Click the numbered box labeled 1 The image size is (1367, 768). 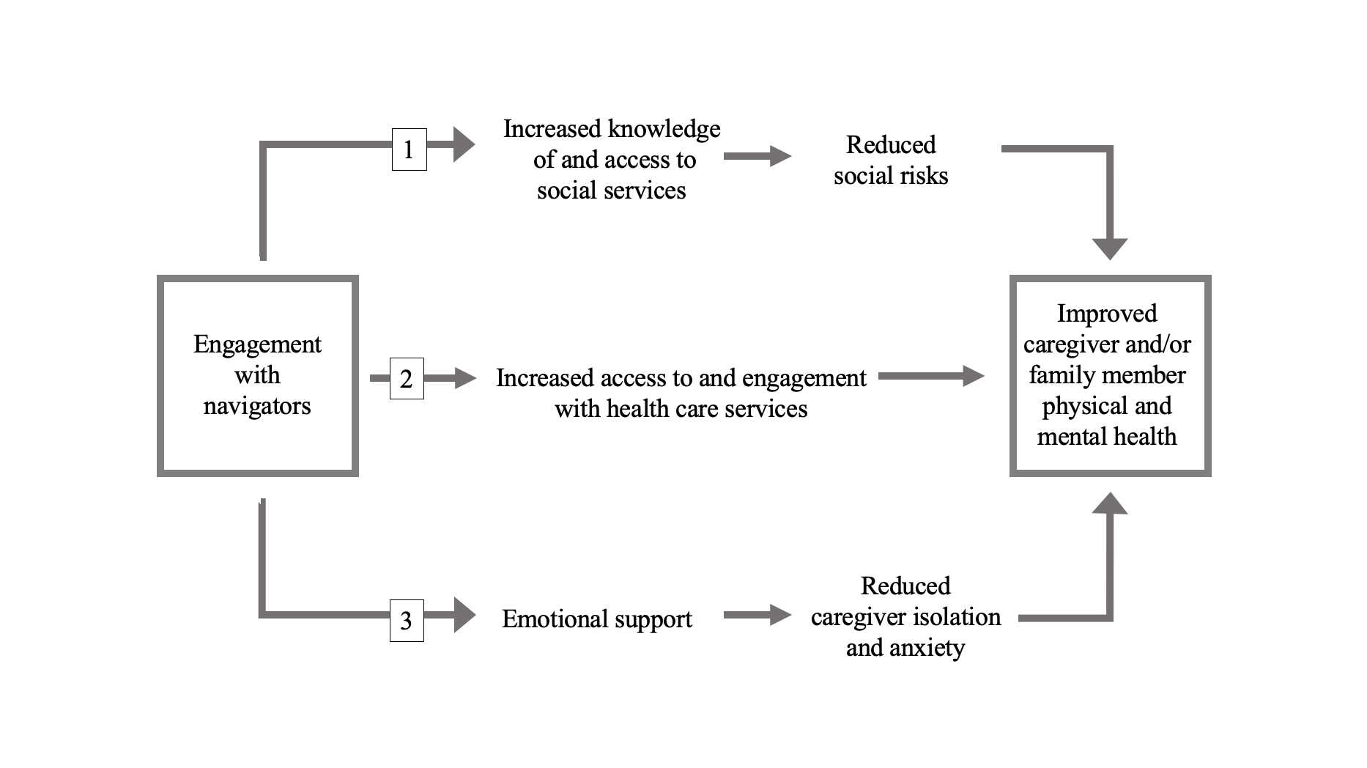[x=410, y=149]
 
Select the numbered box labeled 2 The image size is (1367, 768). [x=407, y=378]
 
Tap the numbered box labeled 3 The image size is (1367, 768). [x=407, y=621]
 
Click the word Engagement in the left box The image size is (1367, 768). [x=257, y=345]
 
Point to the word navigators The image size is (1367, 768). [x=257, y=406]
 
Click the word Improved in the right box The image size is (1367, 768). [x=1107, y=314]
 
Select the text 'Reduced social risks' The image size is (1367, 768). [x=891, y=160]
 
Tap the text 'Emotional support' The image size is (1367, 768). [x=597, y=620]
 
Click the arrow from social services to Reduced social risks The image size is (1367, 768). [x=757, y=156]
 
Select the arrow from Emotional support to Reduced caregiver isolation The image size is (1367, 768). [x=757, y=615]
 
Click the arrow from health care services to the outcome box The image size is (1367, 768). [x=931, y=376]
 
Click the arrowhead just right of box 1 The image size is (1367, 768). [x=464, y=144]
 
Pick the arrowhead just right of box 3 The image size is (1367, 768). [x=464, y=615]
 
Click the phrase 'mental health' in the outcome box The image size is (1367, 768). [x=1107, y=437]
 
